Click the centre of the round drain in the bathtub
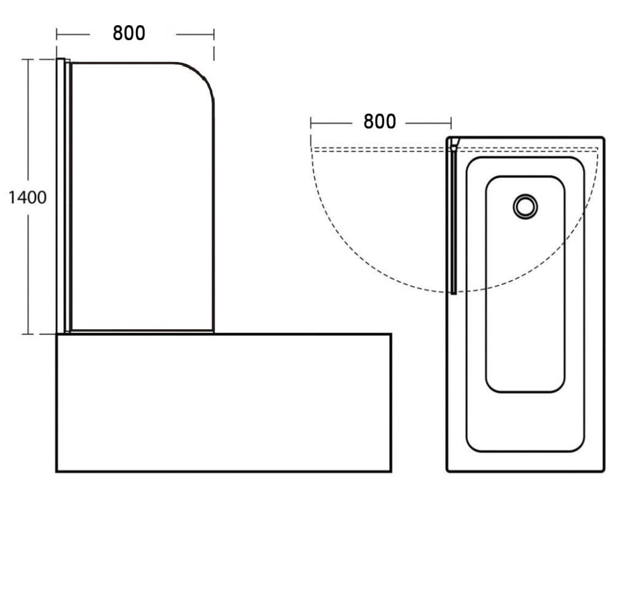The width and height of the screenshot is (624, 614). click(x=525, y=207)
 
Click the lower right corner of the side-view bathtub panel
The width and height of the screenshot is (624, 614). click(x=391, y=472)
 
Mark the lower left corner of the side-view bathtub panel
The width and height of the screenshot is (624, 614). click(x=57, y=472)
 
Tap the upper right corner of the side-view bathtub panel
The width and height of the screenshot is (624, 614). click(x=391, y=334)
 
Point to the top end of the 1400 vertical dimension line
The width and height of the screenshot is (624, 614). click(x=28, y=59)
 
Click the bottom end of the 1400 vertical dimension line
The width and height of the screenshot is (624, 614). click(x=28, y=334)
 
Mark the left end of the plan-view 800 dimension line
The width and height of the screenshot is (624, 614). click(x=311, y=123)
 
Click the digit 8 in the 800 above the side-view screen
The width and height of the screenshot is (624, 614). click(x=118, y=33)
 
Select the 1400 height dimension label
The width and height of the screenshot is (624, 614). click(x=28, y=198)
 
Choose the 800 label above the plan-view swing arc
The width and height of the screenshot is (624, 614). click(x=380, y=122)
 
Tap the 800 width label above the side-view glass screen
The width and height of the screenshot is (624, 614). click(x=129, y=33)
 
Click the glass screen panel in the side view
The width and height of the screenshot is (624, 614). click(x=143, y=196)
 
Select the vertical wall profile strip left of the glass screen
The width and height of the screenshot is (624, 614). click(x=60, y=196)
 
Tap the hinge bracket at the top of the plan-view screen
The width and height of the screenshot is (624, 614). click(x=454, y=144)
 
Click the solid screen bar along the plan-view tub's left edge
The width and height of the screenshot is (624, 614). click(x=453, y=220)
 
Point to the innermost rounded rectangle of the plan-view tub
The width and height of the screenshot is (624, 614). click(x=525, y=284)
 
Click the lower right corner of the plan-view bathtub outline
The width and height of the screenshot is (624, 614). click(x=604, y=471)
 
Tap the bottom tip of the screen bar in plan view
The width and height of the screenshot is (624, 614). click(x=454, y=293)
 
